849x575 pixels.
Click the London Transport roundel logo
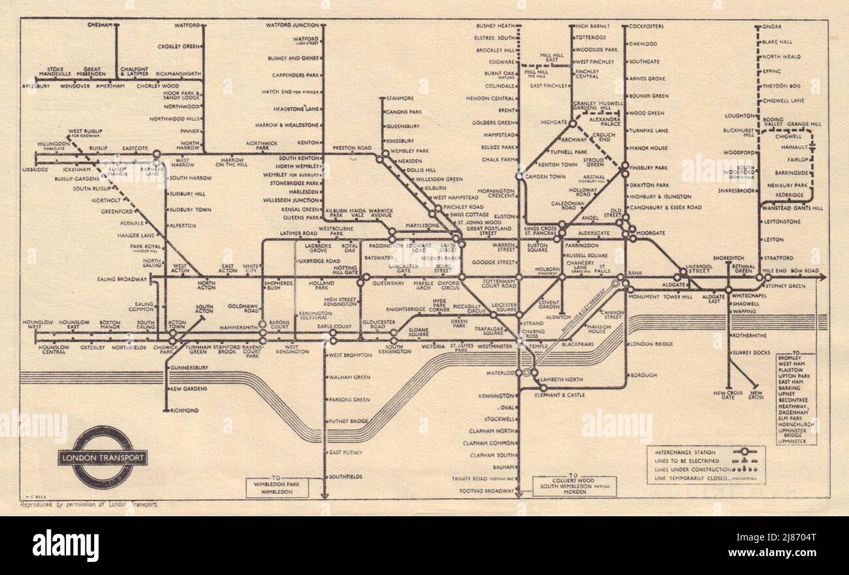(102, 457)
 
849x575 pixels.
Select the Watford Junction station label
(292, 25)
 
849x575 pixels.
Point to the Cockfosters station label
(647, 26)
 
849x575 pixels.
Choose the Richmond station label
(184, 411)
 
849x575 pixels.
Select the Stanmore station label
(400, 99)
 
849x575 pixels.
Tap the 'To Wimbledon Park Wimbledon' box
(278, 487)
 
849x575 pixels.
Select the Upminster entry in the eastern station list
(792, 441)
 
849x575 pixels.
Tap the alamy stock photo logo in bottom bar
(65, 546)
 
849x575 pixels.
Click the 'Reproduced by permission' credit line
(88, 504)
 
